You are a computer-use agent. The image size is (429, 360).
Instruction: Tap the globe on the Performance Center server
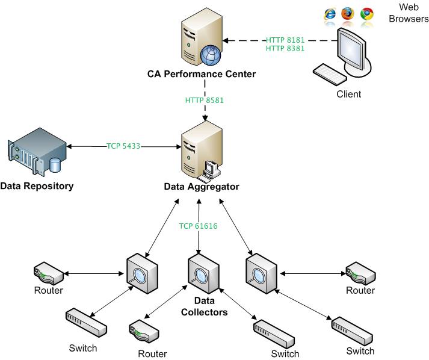pos(211,55)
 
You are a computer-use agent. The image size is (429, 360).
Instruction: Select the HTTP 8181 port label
pos(286,40)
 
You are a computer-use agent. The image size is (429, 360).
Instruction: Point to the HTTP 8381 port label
pos(286,49)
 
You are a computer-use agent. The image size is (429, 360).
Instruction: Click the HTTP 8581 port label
pos(205,100)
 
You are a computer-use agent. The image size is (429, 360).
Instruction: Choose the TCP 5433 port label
pos(123,145)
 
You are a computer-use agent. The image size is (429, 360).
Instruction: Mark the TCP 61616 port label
pos(198,226)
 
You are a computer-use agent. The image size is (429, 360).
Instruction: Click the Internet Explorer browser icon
pos(330,14)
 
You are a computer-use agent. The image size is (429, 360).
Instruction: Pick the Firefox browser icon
pos(348,14)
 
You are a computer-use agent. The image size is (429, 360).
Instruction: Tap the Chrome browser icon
pos(366,14)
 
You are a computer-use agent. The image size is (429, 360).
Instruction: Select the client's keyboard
pos(329,75)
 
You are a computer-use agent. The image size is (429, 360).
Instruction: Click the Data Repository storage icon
pos(35,154)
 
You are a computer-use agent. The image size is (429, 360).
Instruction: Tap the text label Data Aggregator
pos(202,187)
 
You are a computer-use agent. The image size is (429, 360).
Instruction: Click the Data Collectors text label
pos(205,306)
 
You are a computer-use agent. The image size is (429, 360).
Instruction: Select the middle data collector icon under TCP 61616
pos(202,275)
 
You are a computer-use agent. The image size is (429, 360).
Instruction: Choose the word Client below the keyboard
pos(348,94)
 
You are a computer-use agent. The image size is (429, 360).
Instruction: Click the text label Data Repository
pos(37,185)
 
